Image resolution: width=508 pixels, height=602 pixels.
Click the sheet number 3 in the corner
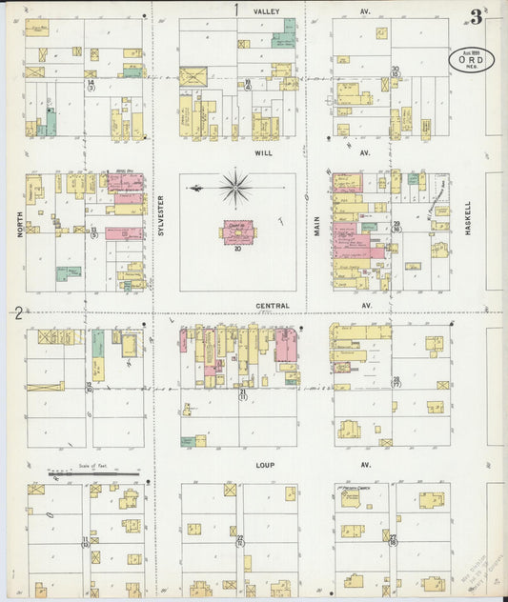click(475, 16)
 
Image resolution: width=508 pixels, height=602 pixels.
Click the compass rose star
click(234, 188)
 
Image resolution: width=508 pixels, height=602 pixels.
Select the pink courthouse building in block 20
click(235, 231)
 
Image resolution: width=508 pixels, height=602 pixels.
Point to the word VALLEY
click(266, 10)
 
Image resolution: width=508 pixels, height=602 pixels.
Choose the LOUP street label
click(265, 465)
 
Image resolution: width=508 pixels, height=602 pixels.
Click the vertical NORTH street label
click(19, 222)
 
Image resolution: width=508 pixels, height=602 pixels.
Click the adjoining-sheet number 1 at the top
click(236, 10)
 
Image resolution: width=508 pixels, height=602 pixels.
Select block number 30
click(395, 69)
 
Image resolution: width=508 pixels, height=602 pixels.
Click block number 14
click(91, 83)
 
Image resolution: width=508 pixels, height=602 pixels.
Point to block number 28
click(396, 379)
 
